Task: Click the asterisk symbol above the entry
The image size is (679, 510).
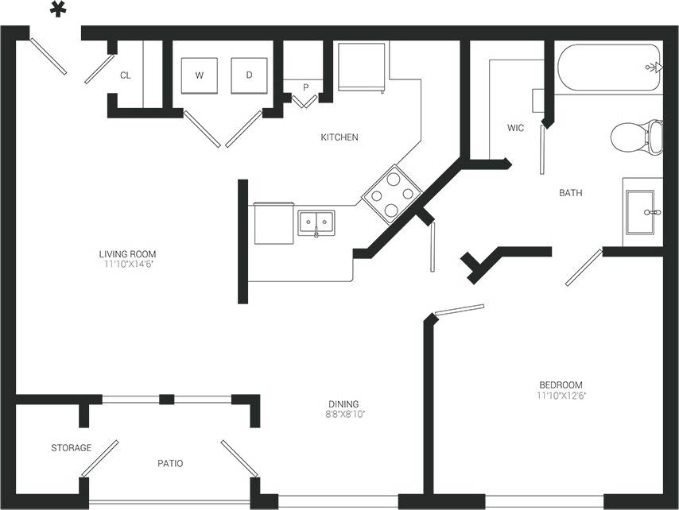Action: [57, 10]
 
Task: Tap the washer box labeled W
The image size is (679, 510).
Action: [198, 75]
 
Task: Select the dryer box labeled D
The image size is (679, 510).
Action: [249, 75]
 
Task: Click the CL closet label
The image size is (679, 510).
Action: [126, 76]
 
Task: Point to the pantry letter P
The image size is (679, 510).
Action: [305, 87]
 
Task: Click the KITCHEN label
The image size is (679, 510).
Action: [339, 137]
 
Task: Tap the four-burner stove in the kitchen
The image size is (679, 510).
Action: [391, 192]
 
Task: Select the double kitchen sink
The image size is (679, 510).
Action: [316, 222]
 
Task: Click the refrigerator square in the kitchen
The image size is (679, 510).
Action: [362, 67]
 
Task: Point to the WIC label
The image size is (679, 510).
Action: [515, 128]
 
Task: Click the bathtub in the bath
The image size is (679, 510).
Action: [608, 68]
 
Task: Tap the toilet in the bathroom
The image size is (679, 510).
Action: [638, 137]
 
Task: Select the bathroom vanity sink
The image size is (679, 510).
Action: [641, 212]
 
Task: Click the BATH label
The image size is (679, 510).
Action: [571, 193]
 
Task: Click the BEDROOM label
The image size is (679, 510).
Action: [561, 384]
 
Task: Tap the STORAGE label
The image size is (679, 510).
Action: [72, 448]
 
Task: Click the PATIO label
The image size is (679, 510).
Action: [170, 463]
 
